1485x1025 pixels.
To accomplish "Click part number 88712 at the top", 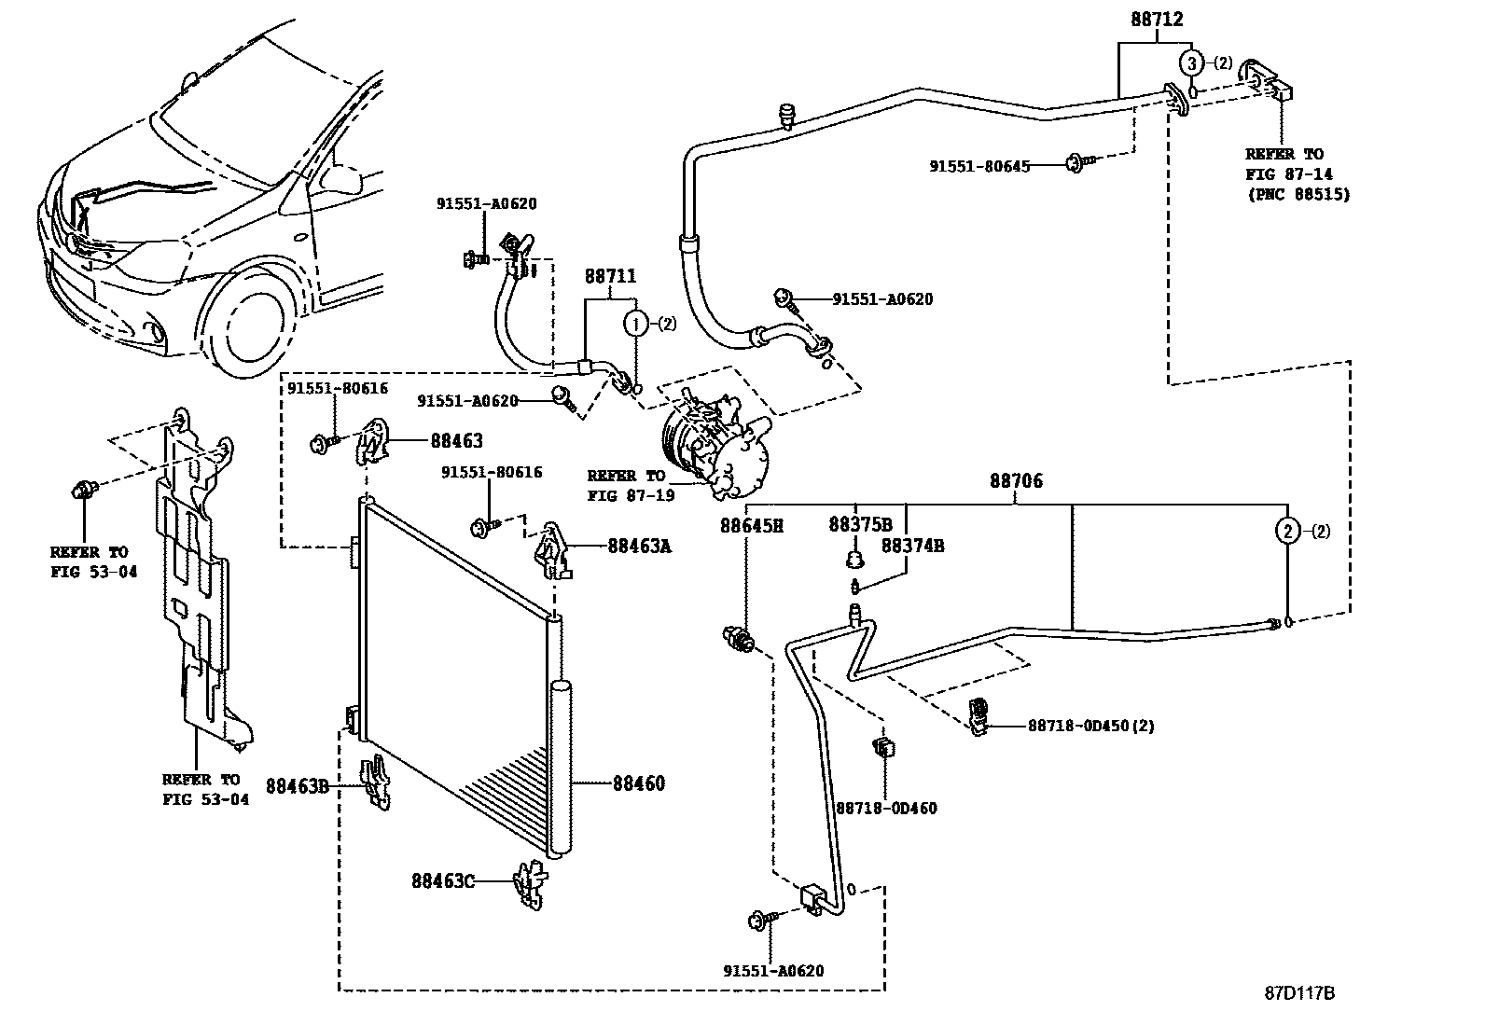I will (1158, 18).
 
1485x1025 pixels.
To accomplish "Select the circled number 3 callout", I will (1191, 63).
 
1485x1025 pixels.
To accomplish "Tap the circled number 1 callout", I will (635, 325).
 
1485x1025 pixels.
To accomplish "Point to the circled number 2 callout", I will (1287, 532).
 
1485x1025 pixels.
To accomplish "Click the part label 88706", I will (1016, 481).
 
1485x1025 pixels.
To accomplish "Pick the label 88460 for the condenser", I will (639, 783).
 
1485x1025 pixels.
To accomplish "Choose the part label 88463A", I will (639, 546).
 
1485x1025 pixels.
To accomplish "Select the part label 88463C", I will (443, 880).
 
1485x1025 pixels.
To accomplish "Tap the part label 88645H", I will (751, 526).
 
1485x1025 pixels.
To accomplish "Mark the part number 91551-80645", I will (979, 166).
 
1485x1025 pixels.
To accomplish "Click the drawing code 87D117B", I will (1299, 993).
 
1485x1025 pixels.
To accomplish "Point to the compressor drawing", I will (714, 443).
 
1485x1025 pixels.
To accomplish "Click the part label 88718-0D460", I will (886, 809).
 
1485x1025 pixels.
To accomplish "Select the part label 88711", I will (611, 276).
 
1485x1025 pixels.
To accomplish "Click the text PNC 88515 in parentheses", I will (1298, 195).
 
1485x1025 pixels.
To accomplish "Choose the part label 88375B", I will (860, 525).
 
